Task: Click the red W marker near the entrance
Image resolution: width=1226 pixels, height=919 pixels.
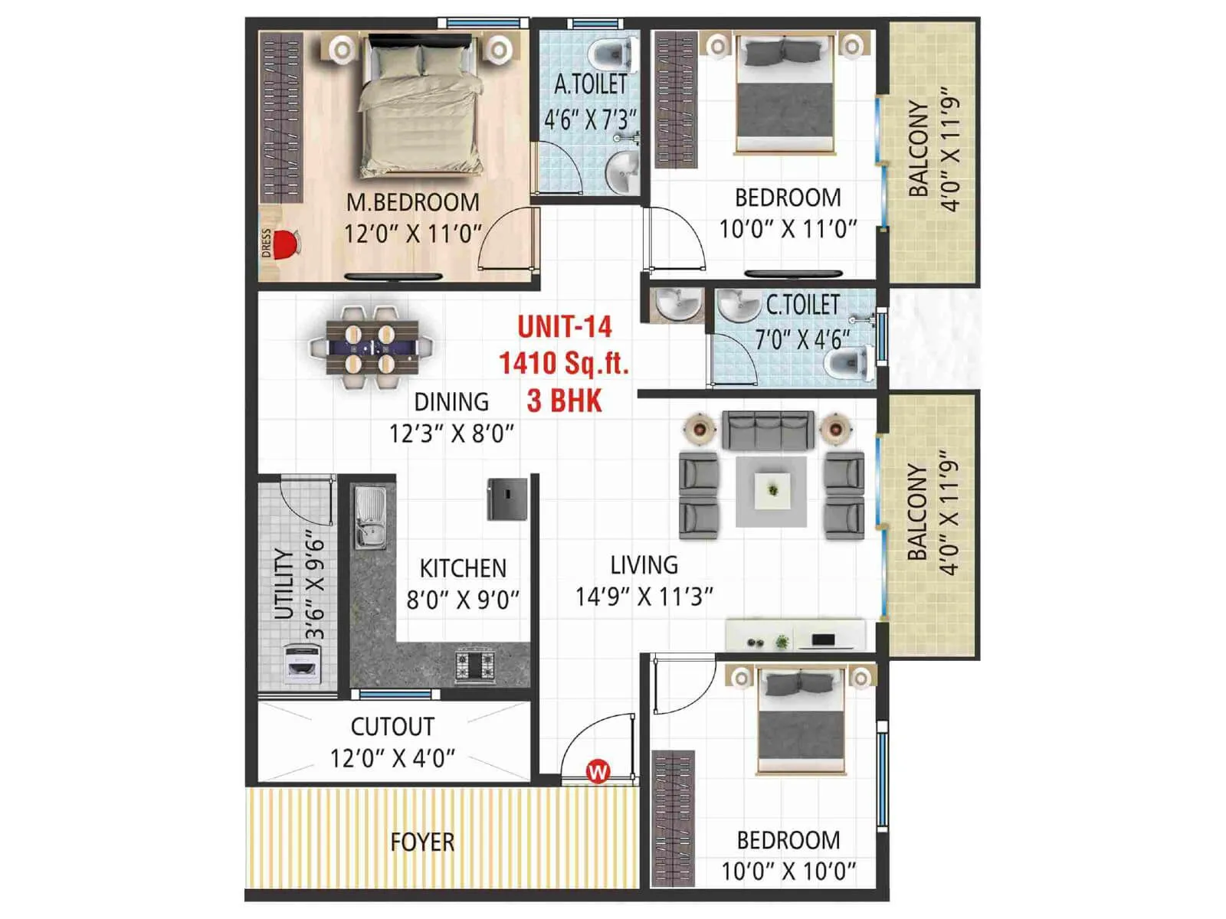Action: tap(598, 770)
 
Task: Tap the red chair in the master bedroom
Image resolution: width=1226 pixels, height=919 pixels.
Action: tap(285, 243)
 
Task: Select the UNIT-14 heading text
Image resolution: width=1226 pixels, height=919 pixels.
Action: tap(565, 327)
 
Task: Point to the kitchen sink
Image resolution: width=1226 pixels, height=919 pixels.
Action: tap(369, 518)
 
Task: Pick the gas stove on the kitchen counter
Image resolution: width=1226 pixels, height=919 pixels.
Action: tap(475, 664)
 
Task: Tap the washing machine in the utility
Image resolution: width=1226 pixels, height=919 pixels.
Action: tap(302, 663)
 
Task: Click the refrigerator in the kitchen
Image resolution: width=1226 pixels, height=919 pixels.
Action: tap(507, 499)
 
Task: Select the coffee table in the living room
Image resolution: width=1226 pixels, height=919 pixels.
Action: tap(772, 491)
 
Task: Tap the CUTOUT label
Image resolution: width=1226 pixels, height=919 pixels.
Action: tap(392, 726)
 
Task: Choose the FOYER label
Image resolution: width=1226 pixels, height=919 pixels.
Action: tap(422, 842)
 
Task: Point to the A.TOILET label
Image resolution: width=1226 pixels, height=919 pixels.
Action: tap(590, 84)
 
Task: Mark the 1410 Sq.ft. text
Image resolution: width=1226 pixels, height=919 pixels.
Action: tap(564, 363)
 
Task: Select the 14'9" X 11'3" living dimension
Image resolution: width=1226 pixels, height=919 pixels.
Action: tap(644, 597)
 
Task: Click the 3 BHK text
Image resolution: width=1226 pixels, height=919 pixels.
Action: tap(565, 401)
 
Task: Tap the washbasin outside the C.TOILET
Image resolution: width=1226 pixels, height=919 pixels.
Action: tap(677, 304)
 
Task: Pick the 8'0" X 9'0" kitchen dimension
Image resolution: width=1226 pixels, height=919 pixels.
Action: tap(463, 600)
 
